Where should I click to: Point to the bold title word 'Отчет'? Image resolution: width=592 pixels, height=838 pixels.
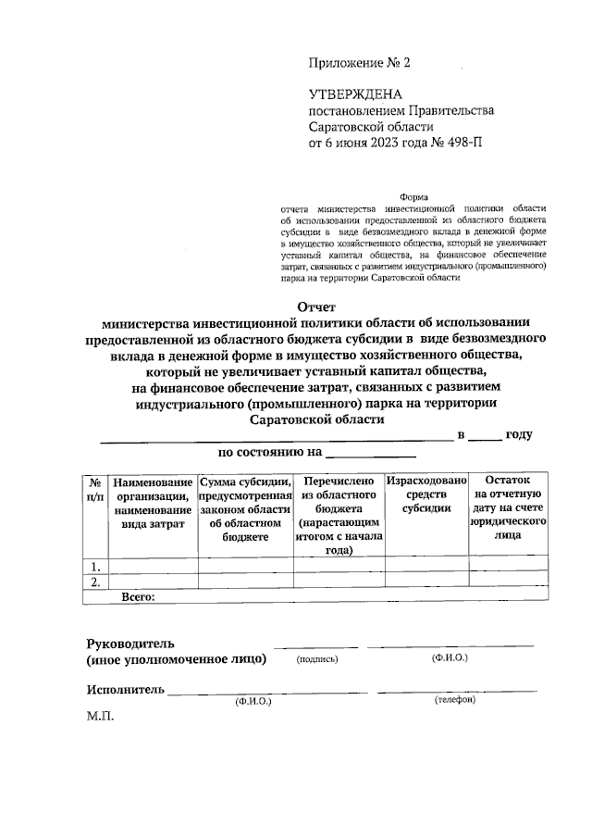[x=316, y=306]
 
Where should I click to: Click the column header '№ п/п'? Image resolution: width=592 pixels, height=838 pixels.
[x=94, y=490]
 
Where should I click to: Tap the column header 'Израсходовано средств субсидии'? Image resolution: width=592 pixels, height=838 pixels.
[x=427, y=496]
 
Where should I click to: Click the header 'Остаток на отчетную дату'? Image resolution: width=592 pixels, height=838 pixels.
[x=508, y=509]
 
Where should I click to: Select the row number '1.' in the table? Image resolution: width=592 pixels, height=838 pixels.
[x=93, y=567]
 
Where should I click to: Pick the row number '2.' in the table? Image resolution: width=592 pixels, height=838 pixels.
[x=93, y=582]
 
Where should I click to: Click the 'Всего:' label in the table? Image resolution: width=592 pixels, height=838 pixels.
[x=139, y=596]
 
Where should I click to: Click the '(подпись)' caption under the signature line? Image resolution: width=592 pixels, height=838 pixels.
[x=317, y=660]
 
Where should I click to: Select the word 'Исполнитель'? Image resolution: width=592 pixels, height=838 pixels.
[x=126, y=689]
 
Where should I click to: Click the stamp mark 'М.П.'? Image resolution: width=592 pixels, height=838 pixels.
[x=99, y=717]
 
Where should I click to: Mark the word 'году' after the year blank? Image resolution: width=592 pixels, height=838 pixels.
[x=520, y=434]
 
